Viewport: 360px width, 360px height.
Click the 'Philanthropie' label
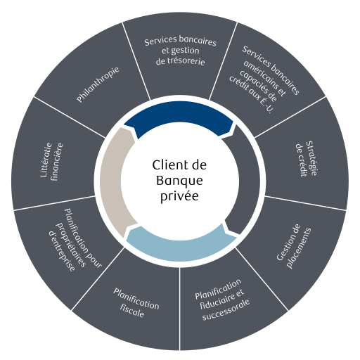(x=98, y=84)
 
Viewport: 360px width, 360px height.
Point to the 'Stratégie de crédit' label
(x=307, y=159)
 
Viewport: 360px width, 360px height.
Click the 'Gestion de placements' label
(x=294, y=246)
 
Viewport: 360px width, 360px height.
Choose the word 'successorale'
(x=226, y=310)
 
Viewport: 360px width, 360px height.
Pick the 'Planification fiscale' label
(x=136, y=302)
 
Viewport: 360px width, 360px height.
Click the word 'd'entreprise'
(x=62, y=252)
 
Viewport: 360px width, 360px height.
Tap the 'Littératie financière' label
(x=52, y=162)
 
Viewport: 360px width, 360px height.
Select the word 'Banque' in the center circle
(x=179, y=181)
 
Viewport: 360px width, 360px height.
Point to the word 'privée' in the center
(x=179, y=196)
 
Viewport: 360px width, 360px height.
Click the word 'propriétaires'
(x=70, y=245)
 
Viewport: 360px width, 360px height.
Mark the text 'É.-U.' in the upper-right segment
(x=266, y=106)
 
